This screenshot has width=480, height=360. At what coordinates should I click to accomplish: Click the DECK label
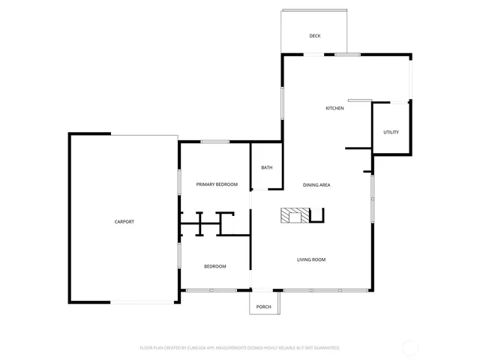(x=314, y=36)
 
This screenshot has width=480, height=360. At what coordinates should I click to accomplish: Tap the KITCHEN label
(x=334, y=109)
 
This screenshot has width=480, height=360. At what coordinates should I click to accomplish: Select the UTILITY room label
(x=391, y=132)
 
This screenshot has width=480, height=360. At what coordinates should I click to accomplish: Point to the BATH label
(x=266, y=167)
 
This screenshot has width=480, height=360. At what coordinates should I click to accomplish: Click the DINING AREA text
(x=316, y=184)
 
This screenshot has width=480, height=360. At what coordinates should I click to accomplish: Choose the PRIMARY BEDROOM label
(x=217, y=184)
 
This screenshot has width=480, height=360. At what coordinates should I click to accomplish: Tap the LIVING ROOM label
(x=310, y=259)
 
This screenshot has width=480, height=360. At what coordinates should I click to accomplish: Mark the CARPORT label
(x=124, y=222)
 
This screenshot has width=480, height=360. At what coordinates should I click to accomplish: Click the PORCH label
(x=264, y=307)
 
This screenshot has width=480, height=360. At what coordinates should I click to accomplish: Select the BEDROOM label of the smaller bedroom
(x=215, y=266)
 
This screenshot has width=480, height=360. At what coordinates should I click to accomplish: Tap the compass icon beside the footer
(x=410, y=348)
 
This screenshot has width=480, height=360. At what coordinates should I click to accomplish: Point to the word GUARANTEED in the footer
(x=324, y=348)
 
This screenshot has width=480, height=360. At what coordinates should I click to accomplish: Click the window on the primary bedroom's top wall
(x=214, y=141)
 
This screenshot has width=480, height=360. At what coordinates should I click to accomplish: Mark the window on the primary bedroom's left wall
(x=179, y=182)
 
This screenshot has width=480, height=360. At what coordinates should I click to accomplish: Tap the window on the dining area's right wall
(x=372, y=198)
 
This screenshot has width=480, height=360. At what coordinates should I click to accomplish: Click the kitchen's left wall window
(x=282, y=103)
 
